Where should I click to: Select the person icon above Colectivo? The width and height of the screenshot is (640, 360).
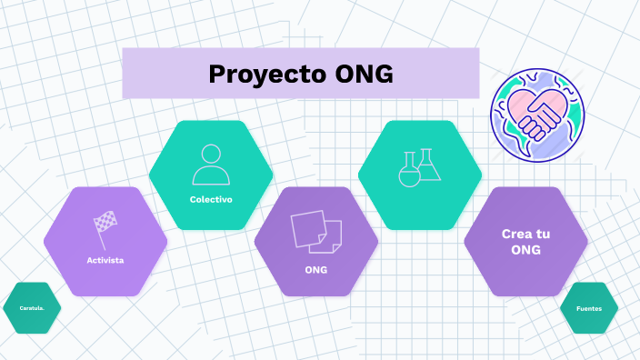211,165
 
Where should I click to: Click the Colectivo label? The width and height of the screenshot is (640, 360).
211,199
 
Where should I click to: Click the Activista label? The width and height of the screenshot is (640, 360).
105,260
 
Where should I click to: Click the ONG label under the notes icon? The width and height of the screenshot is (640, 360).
315,270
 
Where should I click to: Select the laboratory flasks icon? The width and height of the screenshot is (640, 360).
419,166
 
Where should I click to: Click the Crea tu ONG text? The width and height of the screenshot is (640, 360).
525,242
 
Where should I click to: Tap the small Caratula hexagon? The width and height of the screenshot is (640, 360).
32,308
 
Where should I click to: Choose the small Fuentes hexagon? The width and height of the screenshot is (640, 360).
589,308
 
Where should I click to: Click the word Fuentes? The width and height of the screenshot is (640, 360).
589,308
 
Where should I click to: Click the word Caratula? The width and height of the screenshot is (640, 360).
32,308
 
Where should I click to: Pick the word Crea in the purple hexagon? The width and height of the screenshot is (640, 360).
515,234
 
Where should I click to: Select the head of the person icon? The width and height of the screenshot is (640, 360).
211,154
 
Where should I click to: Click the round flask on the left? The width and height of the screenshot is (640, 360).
410,173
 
